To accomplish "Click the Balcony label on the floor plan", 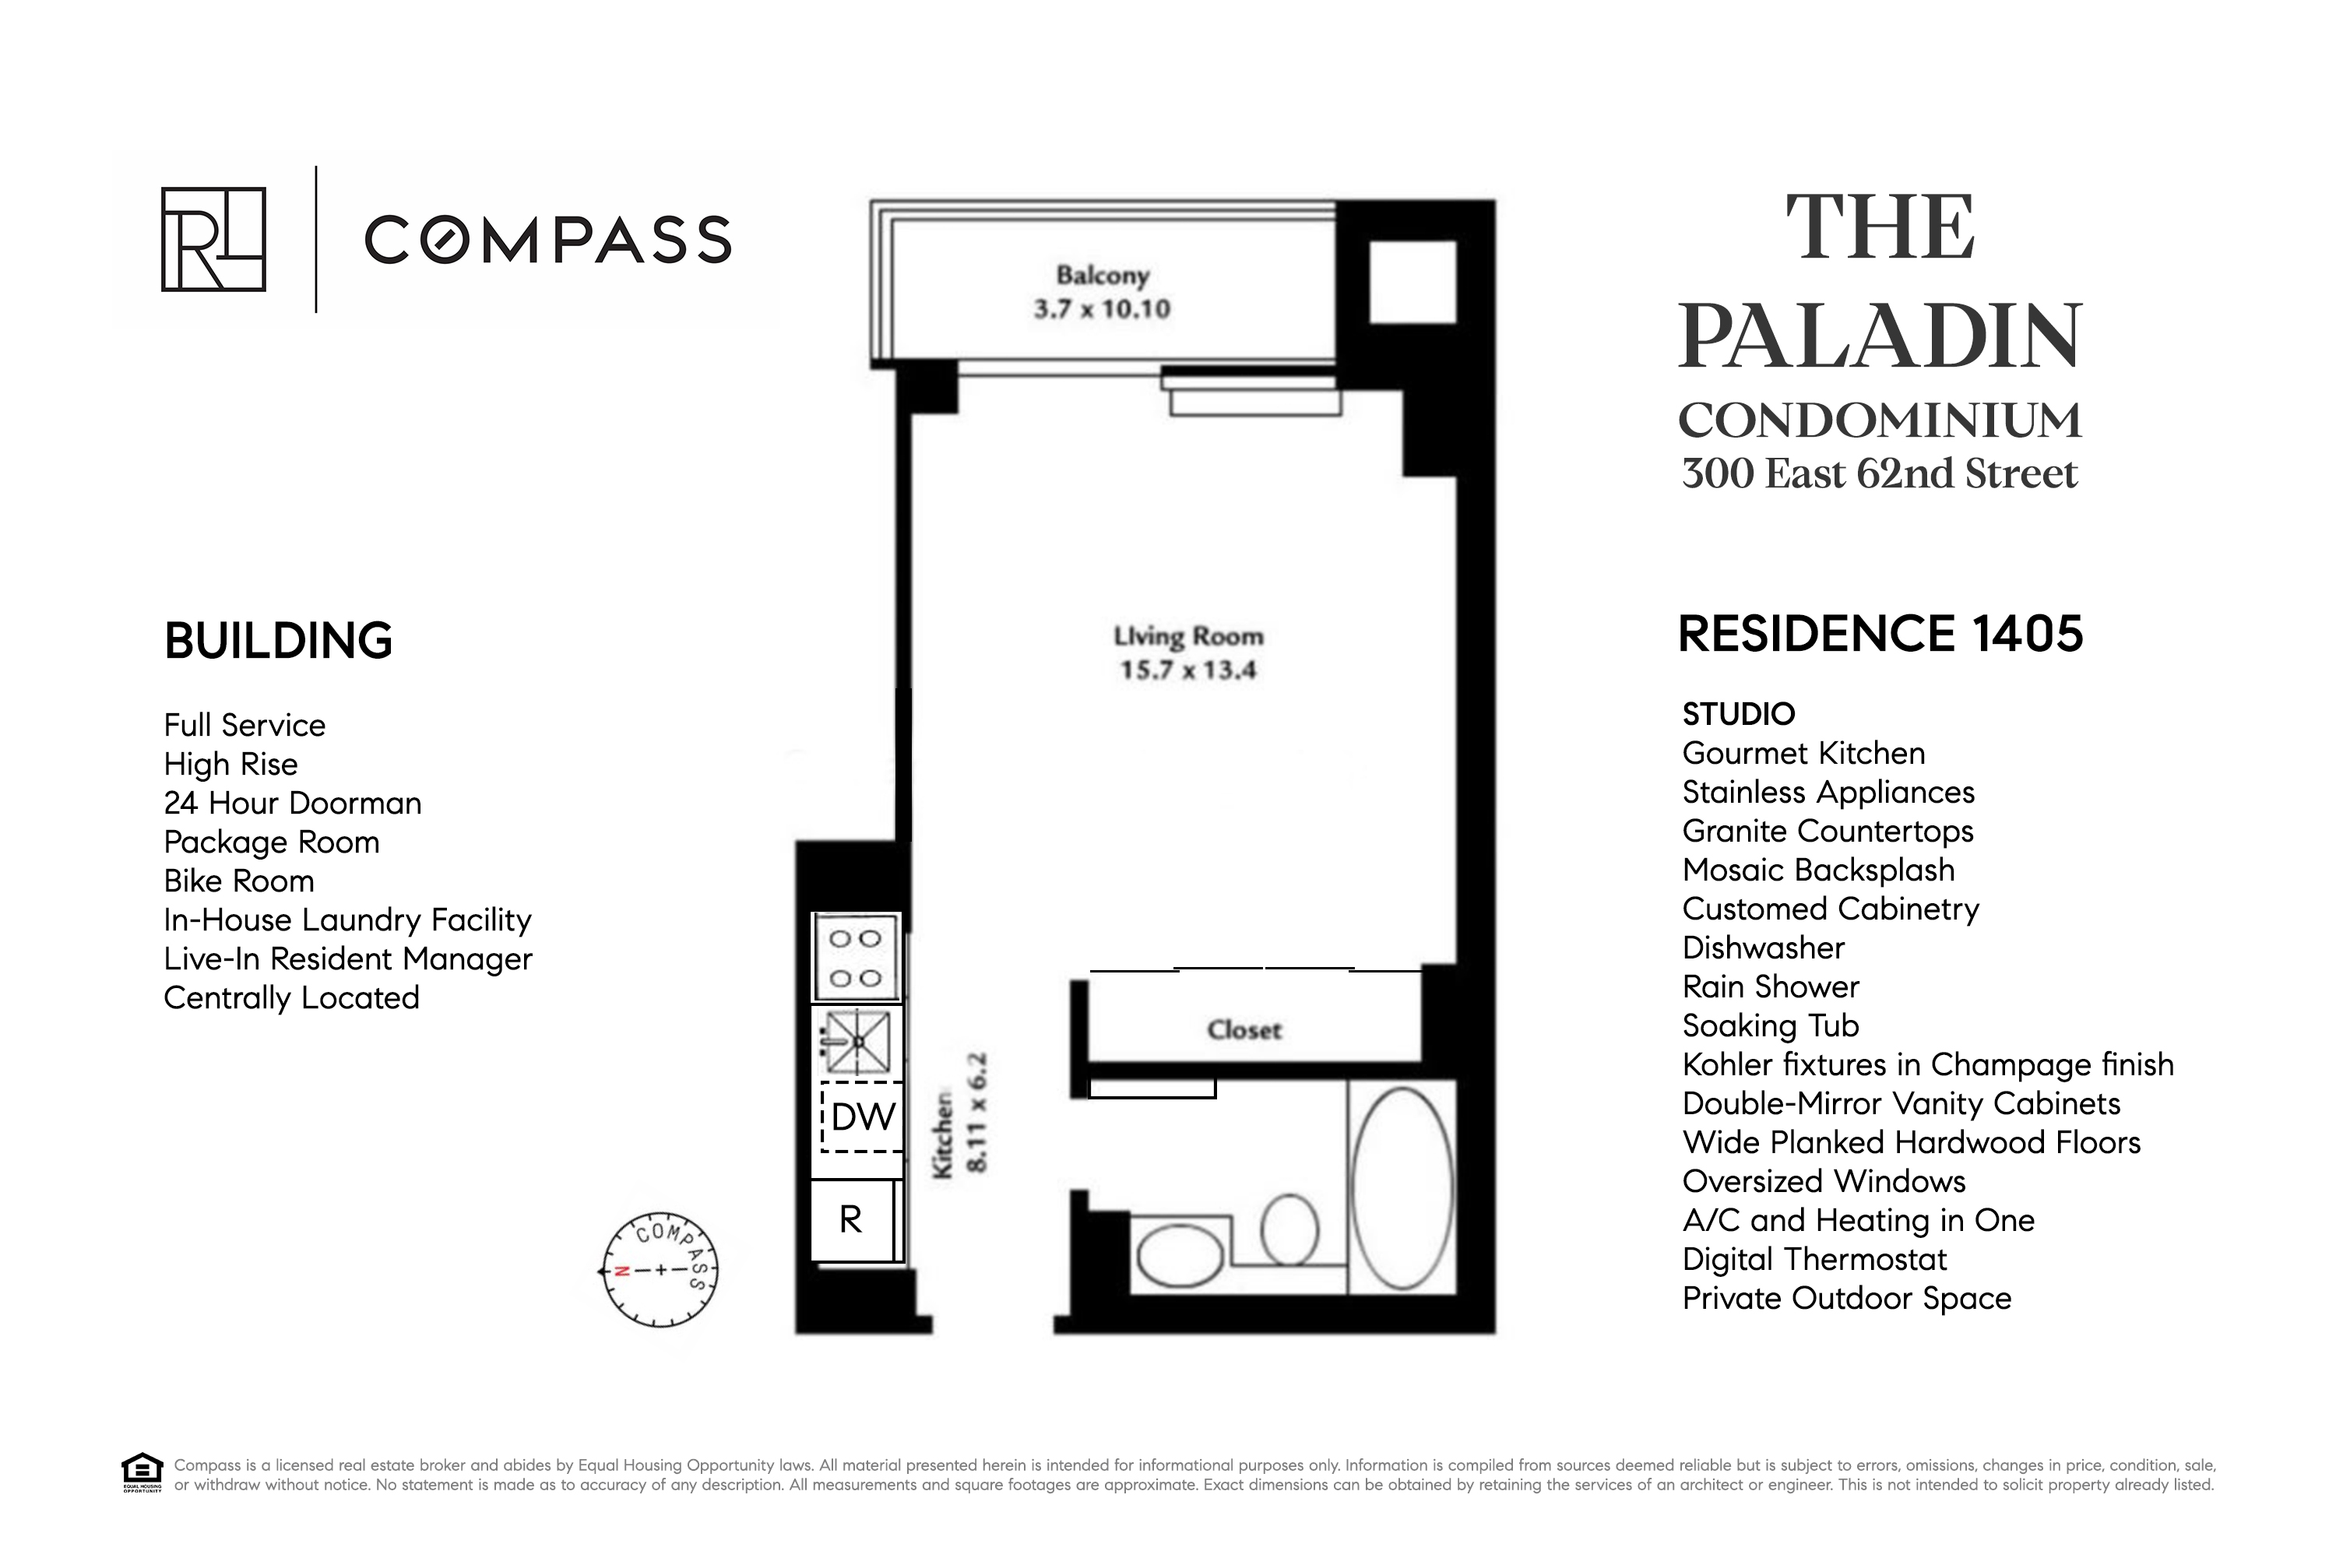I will click(1102, 275).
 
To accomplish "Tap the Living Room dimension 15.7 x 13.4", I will click(1187, 670).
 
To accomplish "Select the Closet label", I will click(1244, 1029).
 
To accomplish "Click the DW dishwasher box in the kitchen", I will click(861, 1117).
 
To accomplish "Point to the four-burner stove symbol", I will click(856, 957).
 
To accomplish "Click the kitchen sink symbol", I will click(857, 1041).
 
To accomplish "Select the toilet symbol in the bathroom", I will click(1289, 1230).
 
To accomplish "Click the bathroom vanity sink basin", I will click(1180, 1256).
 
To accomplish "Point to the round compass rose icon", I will click(660, 1270).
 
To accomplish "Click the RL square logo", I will click(213, 240).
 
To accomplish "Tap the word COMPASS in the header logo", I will click(547, 241).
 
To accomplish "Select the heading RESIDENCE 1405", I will click(1880, 634).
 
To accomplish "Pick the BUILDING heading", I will click(278, 641).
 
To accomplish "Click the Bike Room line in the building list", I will click(238, 881).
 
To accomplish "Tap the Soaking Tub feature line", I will click(1770, 1025).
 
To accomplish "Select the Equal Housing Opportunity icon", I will click(142, 1472).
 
